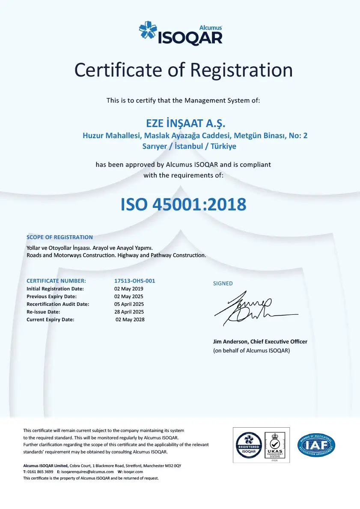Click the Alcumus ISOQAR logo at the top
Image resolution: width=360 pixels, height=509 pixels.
click(x=181, y=33)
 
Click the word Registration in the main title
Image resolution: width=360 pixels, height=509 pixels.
click(x=241, y=70)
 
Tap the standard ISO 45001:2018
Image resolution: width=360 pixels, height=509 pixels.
click(x=184, y=204)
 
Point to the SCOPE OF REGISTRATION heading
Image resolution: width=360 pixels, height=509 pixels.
click(x=60, y=237)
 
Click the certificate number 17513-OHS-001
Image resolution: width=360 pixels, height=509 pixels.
click(x=134, y=281)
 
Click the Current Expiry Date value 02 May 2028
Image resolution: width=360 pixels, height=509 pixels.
click(x=130, y=320)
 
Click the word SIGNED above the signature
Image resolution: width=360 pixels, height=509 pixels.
click(x=223, y=283)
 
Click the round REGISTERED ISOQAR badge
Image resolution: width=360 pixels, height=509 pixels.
click(x=249, y=444)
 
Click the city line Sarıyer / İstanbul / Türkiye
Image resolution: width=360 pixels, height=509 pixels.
click(x=189, y=146)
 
